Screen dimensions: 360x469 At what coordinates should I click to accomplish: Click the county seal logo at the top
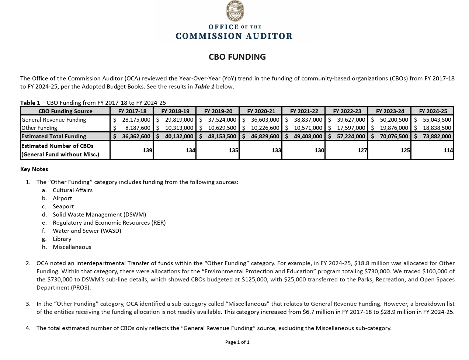pos(235,11)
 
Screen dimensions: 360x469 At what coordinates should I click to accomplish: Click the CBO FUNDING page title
pos(237,57)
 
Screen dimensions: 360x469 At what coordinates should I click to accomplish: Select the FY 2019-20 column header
pos(218,111)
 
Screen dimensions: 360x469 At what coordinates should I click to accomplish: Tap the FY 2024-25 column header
pos(433,111)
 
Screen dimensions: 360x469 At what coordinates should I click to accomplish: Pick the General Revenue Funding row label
pos(54,120)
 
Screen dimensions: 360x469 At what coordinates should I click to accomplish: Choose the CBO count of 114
pos(448,150)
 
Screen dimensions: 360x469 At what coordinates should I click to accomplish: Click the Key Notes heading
pos(34,169)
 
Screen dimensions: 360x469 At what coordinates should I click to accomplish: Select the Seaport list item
pos(63,207)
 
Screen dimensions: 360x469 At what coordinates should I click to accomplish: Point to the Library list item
pos(62,239)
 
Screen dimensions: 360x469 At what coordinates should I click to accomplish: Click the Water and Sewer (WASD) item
pos(87,231)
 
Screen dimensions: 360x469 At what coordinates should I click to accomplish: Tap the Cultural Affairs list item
pos(73,190)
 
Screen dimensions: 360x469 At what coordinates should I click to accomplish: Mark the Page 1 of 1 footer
pos(237,342)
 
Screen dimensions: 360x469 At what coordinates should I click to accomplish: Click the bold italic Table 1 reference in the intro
pos(204,87)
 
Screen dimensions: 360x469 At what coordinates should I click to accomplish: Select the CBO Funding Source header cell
pos(65,111)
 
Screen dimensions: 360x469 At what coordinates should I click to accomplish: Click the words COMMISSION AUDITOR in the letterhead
pos(234,36)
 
